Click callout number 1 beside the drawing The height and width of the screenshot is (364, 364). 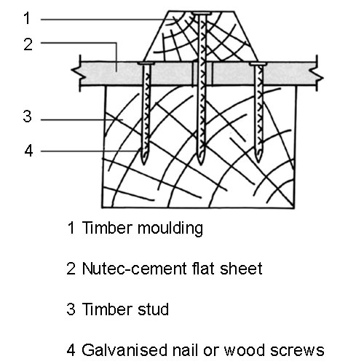click(27, 18)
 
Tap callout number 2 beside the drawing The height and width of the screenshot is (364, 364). click(28, 44)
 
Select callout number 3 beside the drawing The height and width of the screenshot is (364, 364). click(27, 116)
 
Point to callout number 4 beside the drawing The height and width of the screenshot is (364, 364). click(28, 151)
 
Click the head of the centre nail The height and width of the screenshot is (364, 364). click(201, 13)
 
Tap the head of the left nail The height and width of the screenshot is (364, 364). click(146, 63)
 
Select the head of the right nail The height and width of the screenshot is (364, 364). click(258, 64)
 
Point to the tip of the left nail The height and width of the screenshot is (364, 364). click(144, 164)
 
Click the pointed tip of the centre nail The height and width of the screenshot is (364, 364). click(201, 165)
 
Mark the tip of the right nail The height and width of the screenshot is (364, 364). click(258, 162)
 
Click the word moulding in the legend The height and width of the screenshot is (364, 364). click(170, 228)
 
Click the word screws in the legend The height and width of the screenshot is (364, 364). click(297, 350)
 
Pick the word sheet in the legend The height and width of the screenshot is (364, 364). click(241, 269)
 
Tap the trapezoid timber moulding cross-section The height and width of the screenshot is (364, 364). click(200, 36)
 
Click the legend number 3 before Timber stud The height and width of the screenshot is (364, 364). click(71, 309)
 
